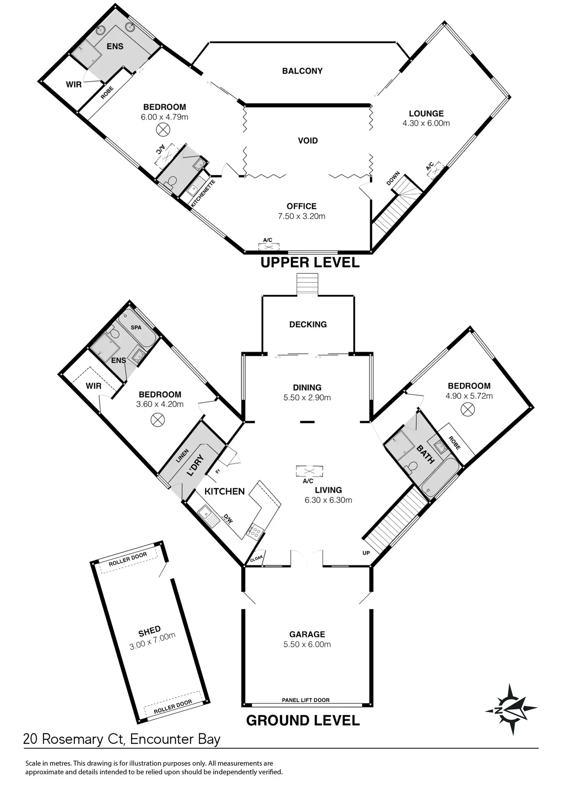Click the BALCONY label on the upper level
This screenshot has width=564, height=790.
click(x=302, y=71)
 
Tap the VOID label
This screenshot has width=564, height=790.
click(x=308, y=141)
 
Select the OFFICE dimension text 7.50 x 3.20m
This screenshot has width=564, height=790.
click(x=302, y=216)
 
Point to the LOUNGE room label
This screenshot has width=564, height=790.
click(x=426, y=114)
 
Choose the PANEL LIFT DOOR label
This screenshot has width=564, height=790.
click(x=306, y=700)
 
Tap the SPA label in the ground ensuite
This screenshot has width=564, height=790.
click(x=136, y=328)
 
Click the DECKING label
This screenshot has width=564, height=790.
click(x=308, y=324)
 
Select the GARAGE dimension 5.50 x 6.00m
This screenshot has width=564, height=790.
click(x=307, y=644)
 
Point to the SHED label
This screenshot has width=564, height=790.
click(x=149, y=631)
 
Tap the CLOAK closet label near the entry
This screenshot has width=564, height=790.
click(x=256, y=558)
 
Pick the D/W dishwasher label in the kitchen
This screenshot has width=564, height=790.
click(x=228, y=520)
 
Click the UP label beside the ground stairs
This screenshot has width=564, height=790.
click(x=366, y=553)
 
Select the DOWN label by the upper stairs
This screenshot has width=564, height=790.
click(x=393, y=178)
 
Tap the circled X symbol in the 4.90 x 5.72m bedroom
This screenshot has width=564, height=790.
click(x=467, y=410)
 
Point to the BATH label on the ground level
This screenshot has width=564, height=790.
click(x=425, y=454)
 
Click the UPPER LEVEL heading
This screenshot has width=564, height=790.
click(x=310, y=263)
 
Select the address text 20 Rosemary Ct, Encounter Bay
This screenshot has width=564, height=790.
click(x=122, y=739)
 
